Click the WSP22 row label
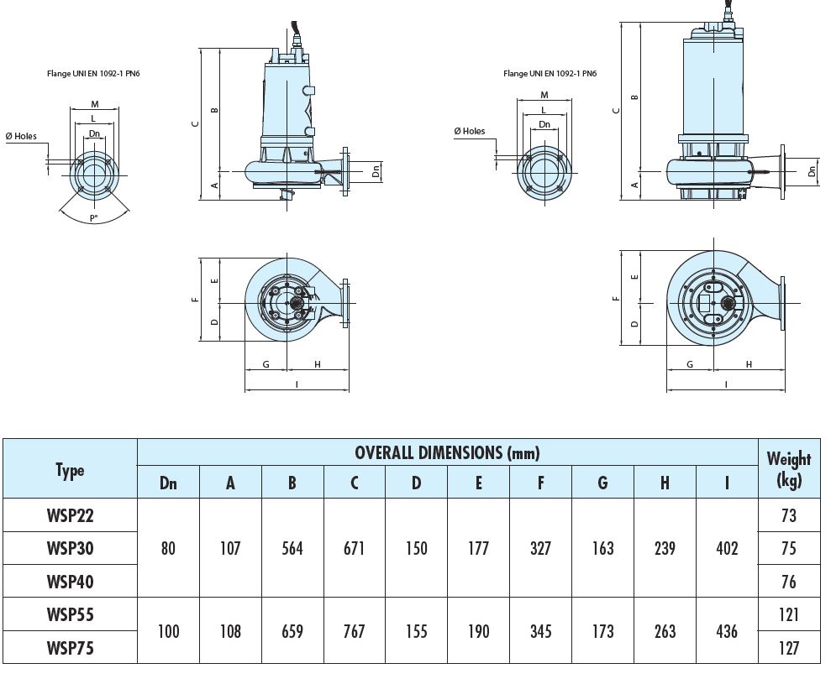[70, 515]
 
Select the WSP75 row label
[70, 647]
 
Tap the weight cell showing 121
[788, 614]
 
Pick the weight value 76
[788, 582]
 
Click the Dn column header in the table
[168, 483]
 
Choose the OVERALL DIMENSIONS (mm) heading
[447, 453]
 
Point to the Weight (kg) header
[788, 469]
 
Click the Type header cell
[70, 470]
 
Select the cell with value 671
[355, 548]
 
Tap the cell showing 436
[726, 630]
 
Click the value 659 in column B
[292, 630]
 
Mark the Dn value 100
[168, 630]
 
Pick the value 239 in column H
[665, 548]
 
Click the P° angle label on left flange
[94, 218]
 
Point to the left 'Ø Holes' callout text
[22, 137]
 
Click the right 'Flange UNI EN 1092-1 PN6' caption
[550, 74]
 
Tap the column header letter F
[540, 483]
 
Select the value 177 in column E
[478, 548]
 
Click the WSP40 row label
[70, 582]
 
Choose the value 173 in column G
[602, 630]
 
